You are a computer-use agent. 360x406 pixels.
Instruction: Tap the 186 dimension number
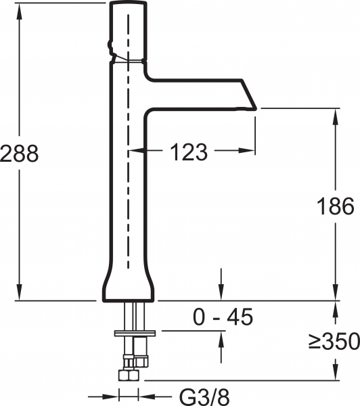pyautogui.click(x=336, y=206)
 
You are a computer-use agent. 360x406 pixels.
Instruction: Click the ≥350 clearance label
pyautogui.click(x=334, y=342)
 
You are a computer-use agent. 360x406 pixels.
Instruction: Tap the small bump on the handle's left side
pyautogui.click(x=108, y=47)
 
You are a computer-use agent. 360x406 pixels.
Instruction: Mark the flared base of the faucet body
pyautogui.click(x=129, y=288)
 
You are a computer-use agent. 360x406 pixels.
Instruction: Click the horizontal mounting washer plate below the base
pyautogui.click(x=136, y=332)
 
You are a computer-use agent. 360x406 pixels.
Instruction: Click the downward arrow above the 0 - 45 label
pyautogui.click(x=220, y=294)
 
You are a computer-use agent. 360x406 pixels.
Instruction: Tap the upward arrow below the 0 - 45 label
pyautogui.click(x=220, y=337)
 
